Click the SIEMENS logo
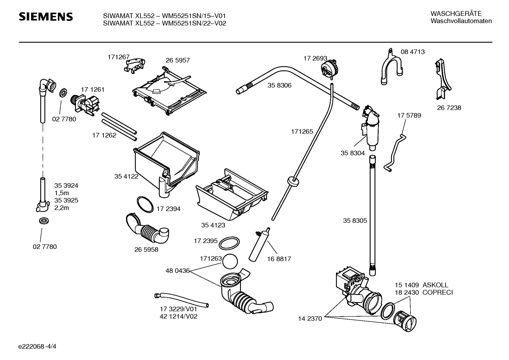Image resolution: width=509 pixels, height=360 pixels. [x=46, y=17]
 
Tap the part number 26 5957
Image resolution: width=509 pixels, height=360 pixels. [x=178, y=60]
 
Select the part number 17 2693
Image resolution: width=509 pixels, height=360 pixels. [x=315, y=58]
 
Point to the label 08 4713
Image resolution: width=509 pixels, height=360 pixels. [x=413, y=52]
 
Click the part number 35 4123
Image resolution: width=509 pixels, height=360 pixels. [x=213, y=225]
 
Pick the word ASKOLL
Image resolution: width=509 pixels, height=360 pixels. [x=435, y=285]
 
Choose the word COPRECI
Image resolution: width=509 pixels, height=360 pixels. [x=438, y=293]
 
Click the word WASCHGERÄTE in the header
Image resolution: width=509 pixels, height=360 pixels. [x=456, y=13]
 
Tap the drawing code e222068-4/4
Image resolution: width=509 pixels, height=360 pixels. [x=37, y=346]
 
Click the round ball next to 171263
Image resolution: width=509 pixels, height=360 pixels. [x=230, y=261]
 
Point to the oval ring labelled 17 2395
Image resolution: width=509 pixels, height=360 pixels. [x=229, y=243]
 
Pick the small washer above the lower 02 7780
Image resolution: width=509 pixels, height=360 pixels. [x=44, y=220]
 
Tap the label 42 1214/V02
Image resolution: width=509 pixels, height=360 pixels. [x=179, y=317]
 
